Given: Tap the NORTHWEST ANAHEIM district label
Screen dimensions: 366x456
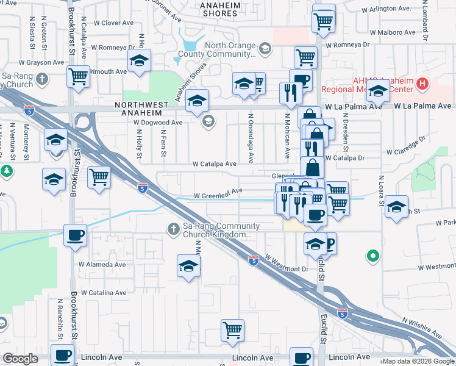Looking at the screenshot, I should [x=141, y=106].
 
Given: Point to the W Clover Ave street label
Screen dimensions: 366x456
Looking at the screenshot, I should [x=113, y=23].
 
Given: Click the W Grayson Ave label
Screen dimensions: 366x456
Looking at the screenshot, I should [x=39, y=62].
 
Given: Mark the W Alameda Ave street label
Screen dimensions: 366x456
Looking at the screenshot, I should [x=102, y=265].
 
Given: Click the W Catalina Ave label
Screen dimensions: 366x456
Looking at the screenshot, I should [x=102, y=293].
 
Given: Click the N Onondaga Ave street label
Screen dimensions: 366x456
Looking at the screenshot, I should [x=250, y=138].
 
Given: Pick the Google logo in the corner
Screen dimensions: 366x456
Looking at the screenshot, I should [x=21, y=359].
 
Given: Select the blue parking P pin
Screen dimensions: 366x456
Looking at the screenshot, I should [x=330, y=244].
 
